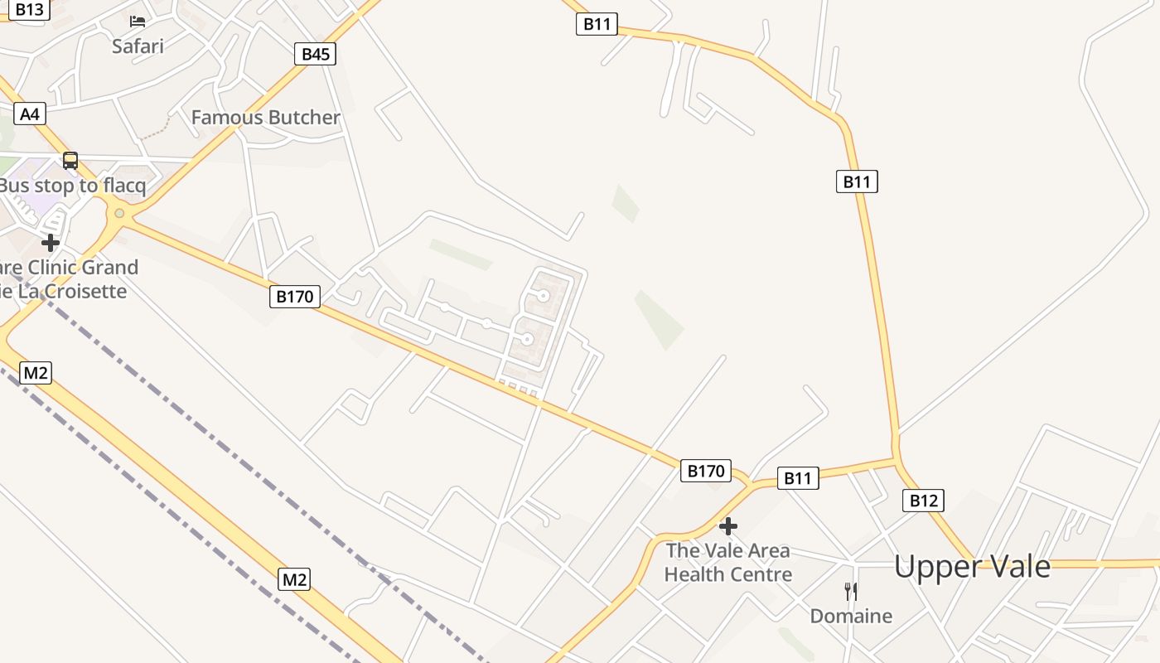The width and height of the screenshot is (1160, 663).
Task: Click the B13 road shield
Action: click(x=29, y=9)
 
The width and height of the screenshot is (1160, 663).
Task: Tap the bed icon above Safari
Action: click(x=138, y=21)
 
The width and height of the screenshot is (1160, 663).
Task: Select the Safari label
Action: click(x=138, y=46)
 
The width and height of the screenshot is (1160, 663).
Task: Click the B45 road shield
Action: click(x=315, y=55)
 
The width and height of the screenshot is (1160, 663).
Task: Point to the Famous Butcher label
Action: click(x=265, y=118)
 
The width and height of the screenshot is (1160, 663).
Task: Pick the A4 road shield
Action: click(x=29, y=114)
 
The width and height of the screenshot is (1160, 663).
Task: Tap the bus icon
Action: click(x=70, y=161)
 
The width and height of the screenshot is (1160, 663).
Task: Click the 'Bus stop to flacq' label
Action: click(x=73, y=186)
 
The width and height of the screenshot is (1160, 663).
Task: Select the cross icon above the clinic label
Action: click(x=51, y=243)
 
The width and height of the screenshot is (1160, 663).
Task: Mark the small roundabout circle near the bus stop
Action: click(x=119, y=214)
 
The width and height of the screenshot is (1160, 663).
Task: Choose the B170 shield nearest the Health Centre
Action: click(x=706, y=471)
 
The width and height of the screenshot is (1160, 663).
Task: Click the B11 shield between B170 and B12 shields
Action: click(x=797, y=477)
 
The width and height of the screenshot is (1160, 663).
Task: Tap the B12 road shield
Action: click(x=922, y=500)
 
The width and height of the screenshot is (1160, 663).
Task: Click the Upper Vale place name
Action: click(x=972, y=567)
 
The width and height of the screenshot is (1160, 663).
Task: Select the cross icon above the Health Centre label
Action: click(x=728, y=526)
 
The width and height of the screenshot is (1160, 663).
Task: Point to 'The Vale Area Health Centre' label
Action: click(x=728, y=562)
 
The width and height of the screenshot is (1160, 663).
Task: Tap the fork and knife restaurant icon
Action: click(x=851, y=592)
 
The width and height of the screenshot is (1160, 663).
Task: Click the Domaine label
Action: click(x=851, y=616)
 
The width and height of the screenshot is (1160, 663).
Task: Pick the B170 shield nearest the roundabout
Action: click(x=294, y=296)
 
